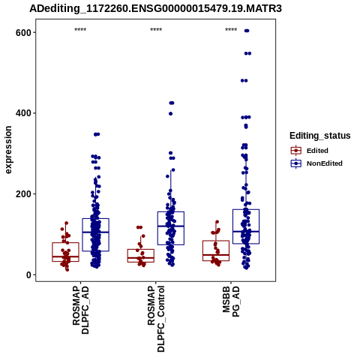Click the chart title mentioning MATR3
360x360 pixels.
point(155,8)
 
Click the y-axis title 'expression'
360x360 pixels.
point(8,150)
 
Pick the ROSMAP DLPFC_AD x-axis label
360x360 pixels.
point(80,310)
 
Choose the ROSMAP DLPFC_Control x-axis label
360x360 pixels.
point(156,319)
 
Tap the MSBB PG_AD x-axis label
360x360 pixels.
point(231,301)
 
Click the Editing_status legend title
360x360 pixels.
point(320,136)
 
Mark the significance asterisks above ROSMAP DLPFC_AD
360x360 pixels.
point(80,30)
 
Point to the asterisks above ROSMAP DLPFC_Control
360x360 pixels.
point(156,30)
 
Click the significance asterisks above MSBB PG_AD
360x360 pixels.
point(231,30)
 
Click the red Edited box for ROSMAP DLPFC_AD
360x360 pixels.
point(65,243)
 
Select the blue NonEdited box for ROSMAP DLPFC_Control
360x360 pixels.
point(171,212)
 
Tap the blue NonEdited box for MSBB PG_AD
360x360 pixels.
point(246,209)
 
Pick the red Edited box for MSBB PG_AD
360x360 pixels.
point(216,241)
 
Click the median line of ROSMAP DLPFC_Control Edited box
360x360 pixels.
point(141,258)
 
